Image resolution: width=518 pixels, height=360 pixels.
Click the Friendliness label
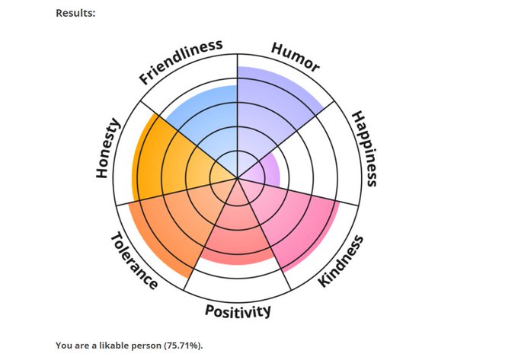click(x=181, y=62)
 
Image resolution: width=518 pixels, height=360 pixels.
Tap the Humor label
click(x=296, y=58)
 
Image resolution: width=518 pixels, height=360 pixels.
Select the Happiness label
click(x=364, y=148)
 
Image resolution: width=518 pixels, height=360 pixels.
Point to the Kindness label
click(x=341, y=261)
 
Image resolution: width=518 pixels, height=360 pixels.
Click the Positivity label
click(x=238, y=311)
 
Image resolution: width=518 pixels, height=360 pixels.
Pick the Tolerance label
click(x=134, y=260)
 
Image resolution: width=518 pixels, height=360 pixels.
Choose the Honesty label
click(x=108, y=148)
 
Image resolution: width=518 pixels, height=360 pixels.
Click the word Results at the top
click(x=75, y=13)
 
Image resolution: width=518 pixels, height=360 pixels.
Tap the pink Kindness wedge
click(x=297, y=221)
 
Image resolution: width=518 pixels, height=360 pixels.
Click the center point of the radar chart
click(x=238, y=180)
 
